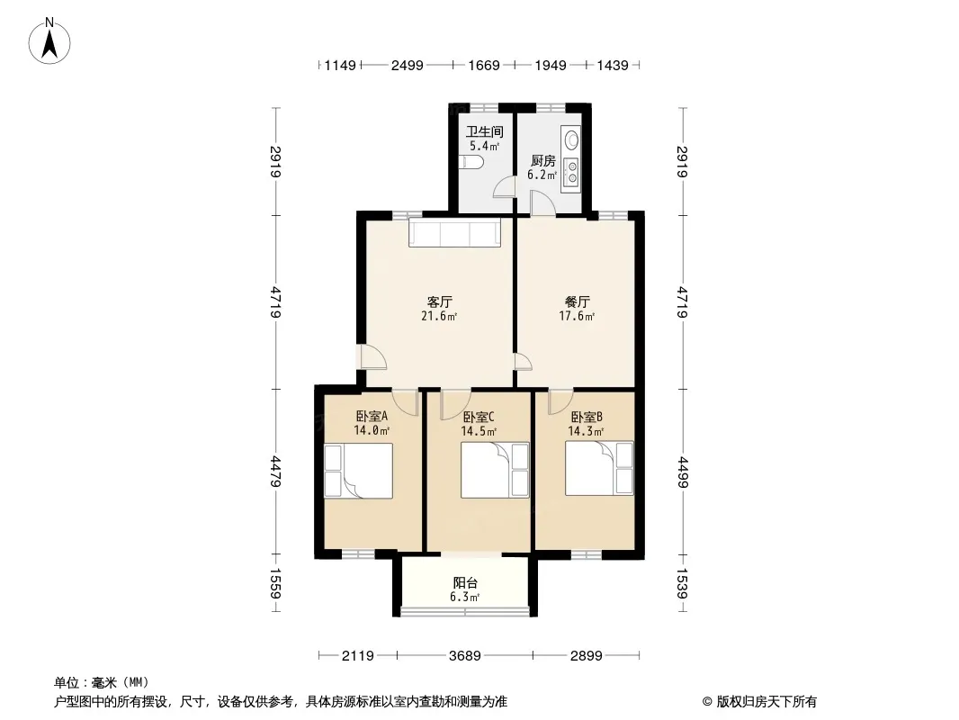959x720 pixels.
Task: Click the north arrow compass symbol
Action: point(49,40)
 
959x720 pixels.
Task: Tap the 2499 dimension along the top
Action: point(407,65)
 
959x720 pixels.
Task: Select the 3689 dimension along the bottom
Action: point(465,656)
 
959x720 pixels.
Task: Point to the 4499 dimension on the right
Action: point(683,472)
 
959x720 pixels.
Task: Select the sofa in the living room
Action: point(455,232)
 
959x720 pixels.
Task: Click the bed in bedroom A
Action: point(358,471)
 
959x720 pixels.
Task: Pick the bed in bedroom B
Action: point(599,469)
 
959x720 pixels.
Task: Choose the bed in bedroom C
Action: point(495,470)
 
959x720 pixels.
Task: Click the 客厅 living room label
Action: point(440,302)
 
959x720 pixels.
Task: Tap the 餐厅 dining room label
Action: point(577,302)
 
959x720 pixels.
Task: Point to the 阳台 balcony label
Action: point(465,583)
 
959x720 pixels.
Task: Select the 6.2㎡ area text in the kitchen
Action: point(542,175)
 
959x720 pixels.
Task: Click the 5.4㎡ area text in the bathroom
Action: point(484,146)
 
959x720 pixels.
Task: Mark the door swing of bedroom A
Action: point(406,402)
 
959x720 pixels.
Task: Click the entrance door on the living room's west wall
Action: point(373,357)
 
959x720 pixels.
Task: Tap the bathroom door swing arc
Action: point(505,186)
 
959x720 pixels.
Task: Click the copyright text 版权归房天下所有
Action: point(766,702)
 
